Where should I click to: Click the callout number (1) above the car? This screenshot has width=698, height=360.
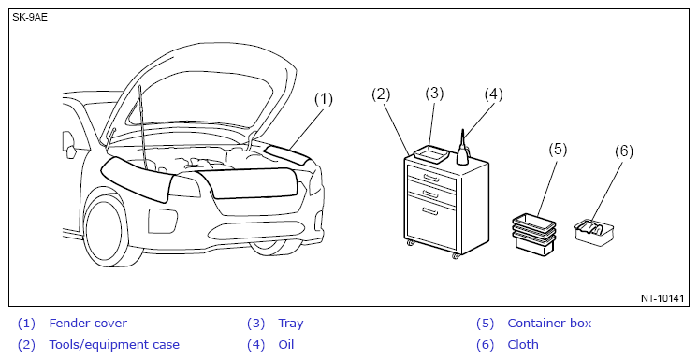(324, 99)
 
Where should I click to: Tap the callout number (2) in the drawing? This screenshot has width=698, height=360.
(381, 94)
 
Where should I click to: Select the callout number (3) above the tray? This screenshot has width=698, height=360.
(434, 93)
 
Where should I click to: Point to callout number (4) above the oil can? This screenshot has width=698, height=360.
(493, 94)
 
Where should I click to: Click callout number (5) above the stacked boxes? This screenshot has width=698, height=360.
(558, 150)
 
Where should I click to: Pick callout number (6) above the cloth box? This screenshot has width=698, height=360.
(624, 151)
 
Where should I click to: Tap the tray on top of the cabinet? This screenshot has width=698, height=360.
(430, 154)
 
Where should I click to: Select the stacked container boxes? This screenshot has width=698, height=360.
(534, 234)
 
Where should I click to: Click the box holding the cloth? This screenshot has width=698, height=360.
(594, 231)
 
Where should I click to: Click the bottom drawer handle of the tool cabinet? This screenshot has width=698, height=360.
(430, 211)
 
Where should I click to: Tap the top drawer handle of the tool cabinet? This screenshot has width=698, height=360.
(431, 178)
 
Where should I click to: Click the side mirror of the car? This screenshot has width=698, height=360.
(68, 145)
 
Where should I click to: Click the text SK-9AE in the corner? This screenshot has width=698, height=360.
(30, 18)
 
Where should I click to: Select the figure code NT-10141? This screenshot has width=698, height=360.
(662, 298)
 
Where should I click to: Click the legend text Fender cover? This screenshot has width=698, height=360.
(88, 324)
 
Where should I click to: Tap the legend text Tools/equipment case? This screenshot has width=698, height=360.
(114, 345)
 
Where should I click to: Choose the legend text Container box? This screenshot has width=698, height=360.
(549, 324)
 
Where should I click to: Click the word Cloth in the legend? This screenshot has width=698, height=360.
(523, 345)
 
